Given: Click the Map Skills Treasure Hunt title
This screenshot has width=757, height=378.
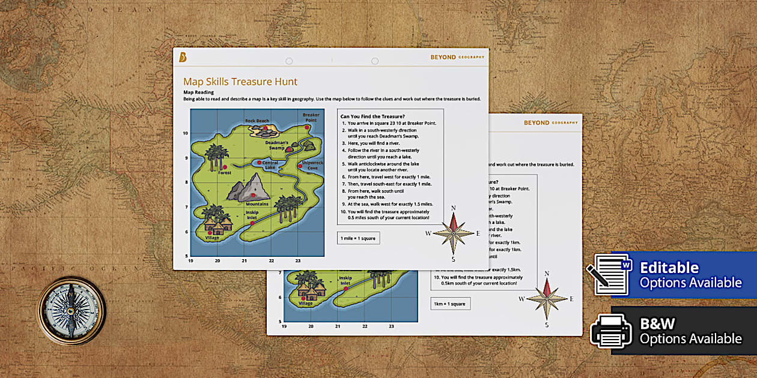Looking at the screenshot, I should (x=240, y=82).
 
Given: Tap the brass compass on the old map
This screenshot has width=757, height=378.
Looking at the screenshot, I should (x=71, y=310).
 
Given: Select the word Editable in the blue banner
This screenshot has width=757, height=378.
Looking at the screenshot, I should (x=669, y=268).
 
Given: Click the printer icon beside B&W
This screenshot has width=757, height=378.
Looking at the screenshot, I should (x=611, y=330).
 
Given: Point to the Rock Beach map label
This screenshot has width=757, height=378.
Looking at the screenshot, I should (x=257, y=121).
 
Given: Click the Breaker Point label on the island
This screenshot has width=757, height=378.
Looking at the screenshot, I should (x=311, y=117).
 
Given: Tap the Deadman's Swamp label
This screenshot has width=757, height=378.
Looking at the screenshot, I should (x=278, y=145).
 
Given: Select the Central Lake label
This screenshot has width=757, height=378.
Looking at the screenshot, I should (x=270, y=166).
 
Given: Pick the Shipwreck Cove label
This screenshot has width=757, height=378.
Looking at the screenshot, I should (x=312, y=166).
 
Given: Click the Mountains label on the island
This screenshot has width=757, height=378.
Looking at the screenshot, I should (x=257, y=204).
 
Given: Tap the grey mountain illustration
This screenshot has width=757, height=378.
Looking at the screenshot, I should (x=248, y=187).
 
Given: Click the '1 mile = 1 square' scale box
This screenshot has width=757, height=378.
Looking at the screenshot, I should (x=358, y=238).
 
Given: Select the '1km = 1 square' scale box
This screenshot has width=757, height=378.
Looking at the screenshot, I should (x=450, y=304).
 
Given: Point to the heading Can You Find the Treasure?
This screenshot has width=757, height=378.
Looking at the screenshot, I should (x=372, y=116).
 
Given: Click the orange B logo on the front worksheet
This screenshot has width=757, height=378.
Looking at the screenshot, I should (x=183, y=57).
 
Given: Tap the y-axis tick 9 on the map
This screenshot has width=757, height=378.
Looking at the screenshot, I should (x=186, y=158).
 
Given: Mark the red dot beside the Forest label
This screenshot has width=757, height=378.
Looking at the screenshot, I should (x=225, y=167).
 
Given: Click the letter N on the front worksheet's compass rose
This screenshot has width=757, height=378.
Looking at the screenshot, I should (x=454, y=208).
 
